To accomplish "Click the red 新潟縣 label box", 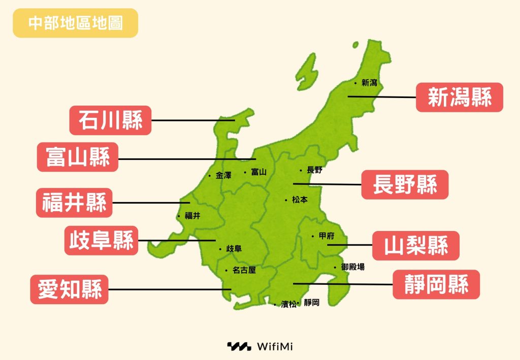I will click(x=459, y=97).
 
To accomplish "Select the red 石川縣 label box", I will click(x=110, y=120).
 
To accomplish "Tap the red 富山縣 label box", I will click(x=77, y=157).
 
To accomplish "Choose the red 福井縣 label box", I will click(x=74, y=203).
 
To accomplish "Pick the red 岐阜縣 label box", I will click(x=102, y=240).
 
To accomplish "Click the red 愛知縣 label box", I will click(x=70, y=289).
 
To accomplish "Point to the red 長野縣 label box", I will click(x=405, y=184).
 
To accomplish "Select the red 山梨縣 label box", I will click(x=416, y=246).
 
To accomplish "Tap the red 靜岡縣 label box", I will click(x=436, y=284).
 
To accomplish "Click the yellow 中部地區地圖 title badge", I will click(x=75, y=23).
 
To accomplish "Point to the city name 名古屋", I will click(x=244, y=270).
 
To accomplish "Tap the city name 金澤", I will click(x=223, y=176).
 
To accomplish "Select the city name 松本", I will click(x=300, y=200).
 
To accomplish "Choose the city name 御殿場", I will click(x=352, y=267).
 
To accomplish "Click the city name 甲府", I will click(x=326, y=236).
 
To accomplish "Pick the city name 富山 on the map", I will click(x=258, y=172).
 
